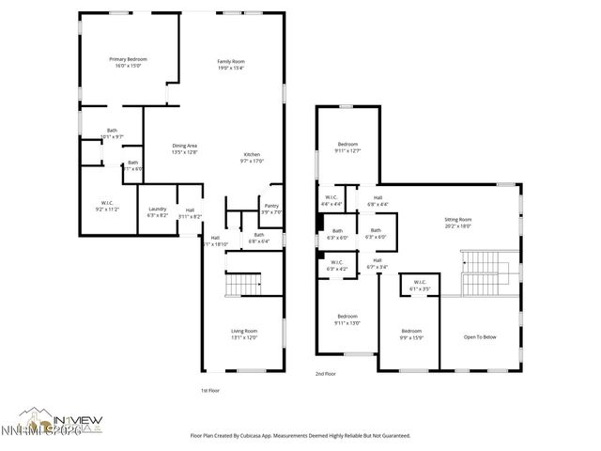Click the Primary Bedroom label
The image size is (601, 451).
click(128, 59)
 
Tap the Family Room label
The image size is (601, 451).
click(231, 61)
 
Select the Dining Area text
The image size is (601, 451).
click(184, 146)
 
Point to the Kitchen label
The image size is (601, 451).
click(252, 154)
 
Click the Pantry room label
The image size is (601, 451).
click(271, 206)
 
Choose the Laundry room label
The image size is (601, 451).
click(158, 210)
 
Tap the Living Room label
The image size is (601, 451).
click(244, 330)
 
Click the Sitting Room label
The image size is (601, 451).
click(457, 219)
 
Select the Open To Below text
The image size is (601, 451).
click(479, 336)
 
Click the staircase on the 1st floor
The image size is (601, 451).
click(244, 283)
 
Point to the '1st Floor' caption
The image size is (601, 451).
click(210, 390)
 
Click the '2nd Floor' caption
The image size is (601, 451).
click(326, 374)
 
